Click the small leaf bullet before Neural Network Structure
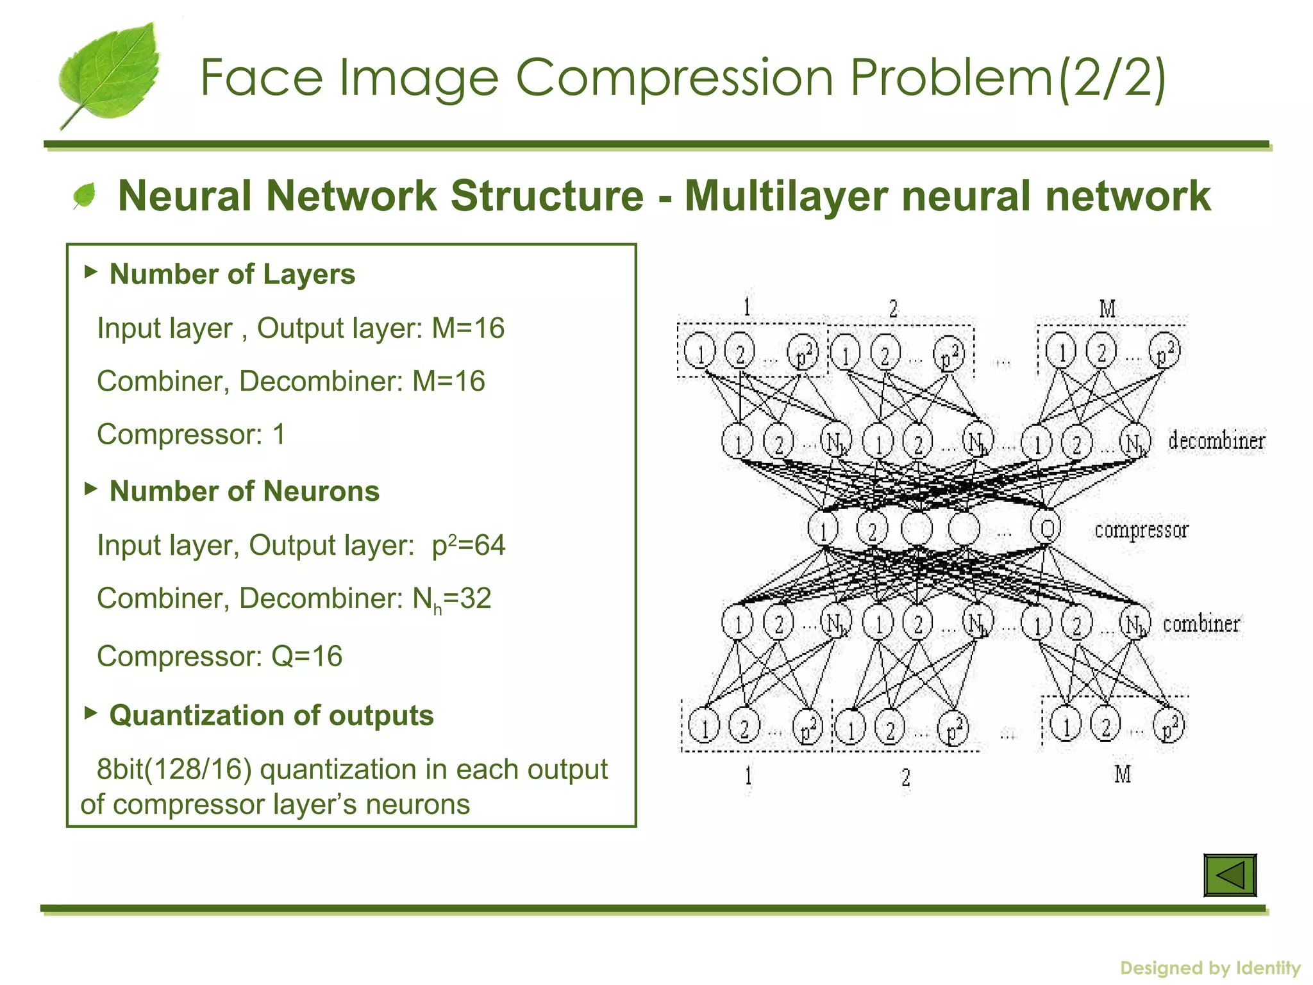(84, 196)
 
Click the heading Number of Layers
(232, 274)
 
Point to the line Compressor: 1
(191, 435)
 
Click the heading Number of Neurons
(244, 491)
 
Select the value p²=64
(469, 545)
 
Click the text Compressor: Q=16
(220, 656)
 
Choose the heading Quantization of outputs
(271, 715)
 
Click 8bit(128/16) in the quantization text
(174, 769)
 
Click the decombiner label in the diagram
(1216, 441)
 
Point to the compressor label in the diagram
(1141, 530)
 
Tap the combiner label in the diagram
(1201, 624)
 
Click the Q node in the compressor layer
(1046, 528)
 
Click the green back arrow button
(1230, 875)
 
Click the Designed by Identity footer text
(1210, 968)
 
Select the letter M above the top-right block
(1107, 309)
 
